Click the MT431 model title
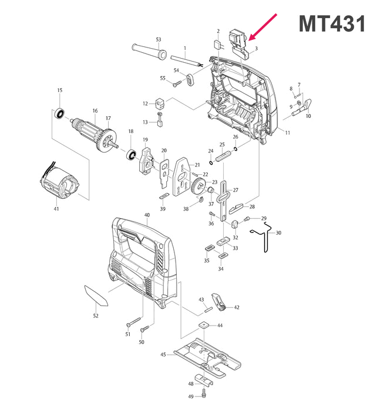(332, 24)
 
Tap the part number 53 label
(158, 39)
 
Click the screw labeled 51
(133, 321)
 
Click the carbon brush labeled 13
(161, 123)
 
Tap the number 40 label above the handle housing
(147, 215)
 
